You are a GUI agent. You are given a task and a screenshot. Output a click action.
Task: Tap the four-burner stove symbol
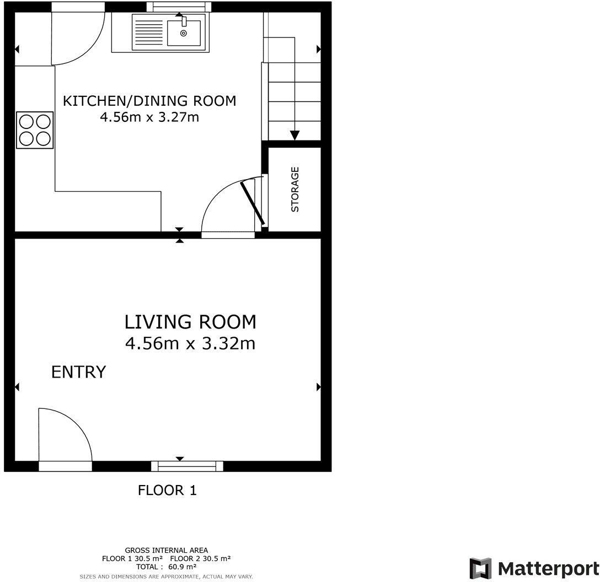coord(35,130)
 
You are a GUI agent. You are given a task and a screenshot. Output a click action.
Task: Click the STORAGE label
coord(294,190)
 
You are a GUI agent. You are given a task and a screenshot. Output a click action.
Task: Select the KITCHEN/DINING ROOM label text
coord(149,101)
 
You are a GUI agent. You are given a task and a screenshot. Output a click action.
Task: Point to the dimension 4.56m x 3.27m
coord(149,117)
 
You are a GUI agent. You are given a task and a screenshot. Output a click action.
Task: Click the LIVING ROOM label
coord(190,321)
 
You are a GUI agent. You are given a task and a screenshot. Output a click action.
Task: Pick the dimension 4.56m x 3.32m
coord(190,344)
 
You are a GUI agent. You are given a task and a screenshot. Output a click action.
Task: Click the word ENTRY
coord(78,372)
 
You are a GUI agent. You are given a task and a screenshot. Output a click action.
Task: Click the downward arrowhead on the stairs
coord(294,135)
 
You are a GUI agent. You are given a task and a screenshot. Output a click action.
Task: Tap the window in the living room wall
coord(187,466)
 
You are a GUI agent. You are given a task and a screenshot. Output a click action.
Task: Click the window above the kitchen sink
coord(179,7)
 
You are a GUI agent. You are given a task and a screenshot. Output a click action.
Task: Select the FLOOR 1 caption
coord(167,490)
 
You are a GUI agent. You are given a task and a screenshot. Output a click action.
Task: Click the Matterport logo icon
coord(480,568)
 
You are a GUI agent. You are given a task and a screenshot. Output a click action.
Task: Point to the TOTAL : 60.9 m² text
coord(166,567)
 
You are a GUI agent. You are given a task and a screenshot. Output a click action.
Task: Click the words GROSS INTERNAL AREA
coord(166,550)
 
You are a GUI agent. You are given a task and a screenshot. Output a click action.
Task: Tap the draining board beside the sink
coord(148,32)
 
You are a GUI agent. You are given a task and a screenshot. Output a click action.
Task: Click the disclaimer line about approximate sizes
coord(166,576)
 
